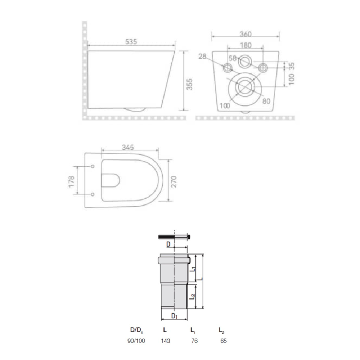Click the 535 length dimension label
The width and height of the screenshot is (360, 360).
[x=131, y=41]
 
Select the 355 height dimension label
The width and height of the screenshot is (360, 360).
[x=189, y=84]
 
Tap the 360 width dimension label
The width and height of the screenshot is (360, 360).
[x=246, y=34]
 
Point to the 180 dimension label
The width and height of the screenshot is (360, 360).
[x=246, y=45]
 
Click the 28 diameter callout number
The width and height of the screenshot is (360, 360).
[x=202, y=56]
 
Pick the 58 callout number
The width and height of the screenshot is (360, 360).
[x=233, y=58]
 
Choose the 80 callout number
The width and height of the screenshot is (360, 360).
[x=266, y=101]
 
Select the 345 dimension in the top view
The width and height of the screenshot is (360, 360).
[x=128, y=147]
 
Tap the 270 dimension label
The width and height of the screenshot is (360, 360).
[x=174, y=182]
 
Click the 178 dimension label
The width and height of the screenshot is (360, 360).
[x=71, y=181]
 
